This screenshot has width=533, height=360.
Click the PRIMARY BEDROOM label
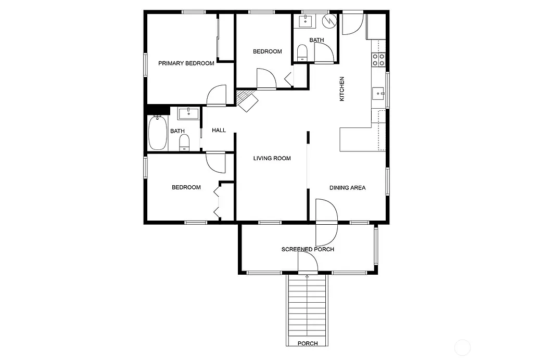click(x=186, y=63)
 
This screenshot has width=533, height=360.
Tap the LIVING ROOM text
click(x=272, y=158)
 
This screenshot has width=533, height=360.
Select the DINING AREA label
click(x=347, y=188)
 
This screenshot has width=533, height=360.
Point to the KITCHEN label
click(x=342, y=89)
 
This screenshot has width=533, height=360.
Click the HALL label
click(x=219, y=130)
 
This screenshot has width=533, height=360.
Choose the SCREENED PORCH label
click(x=307, y=249)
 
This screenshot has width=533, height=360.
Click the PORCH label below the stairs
click(x=307, y=344)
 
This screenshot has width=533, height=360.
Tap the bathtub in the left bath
click(x=157, y=133)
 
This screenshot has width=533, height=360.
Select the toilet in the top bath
click(x=302, y=52)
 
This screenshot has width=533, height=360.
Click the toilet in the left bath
click(x=184, y=142)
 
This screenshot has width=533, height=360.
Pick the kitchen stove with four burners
click(x=378, y=59)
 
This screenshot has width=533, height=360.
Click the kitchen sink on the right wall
click(x=378, y=94)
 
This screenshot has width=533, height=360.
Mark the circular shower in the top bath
click(x=329, y=20)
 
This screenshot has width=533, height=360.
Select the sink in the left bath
click(x=186, y=113)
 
